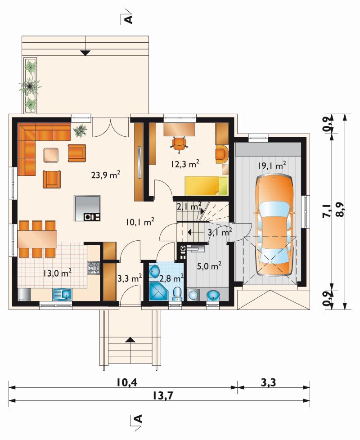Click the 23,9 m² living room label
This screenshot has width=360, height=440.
(x=106, y=175)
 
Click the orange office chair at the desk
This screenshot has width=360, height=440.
(x=179, y=144)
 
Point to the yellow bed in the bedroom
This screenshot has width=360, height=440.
(x=206, y=185)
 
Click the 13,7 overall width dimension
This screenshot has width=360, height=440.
(x=163, y=395)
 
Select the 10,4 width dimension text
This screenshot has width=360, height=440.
(x=126, y=382)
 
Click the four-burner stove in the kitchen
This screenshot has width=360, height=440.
(x=94, y=268)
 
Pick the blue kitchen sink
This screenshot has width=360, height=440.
(x=63, y=294)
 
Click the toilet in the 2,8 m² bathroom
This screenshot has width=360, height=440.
(x=177, y=294)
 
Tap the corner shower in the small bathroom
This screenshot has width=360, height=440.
(x=158, y=292)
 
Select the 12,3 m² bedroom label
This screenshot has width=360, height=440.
(x=185, y=164)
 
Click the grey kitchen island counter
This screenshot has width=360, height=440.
(x=87, y=208)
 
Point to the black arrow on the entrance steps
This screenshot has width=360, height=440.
(x=130, y=340)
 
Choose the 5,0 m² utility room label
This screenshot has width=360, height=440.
(x=209, y=265)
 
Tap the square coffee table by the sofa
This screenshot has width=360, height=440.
(x=51, y=155)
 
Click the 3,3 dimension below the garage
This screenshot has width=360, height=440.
(x=269, y=382)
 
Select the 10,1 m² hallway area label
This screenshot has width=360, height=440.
(x=140, y=222)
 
